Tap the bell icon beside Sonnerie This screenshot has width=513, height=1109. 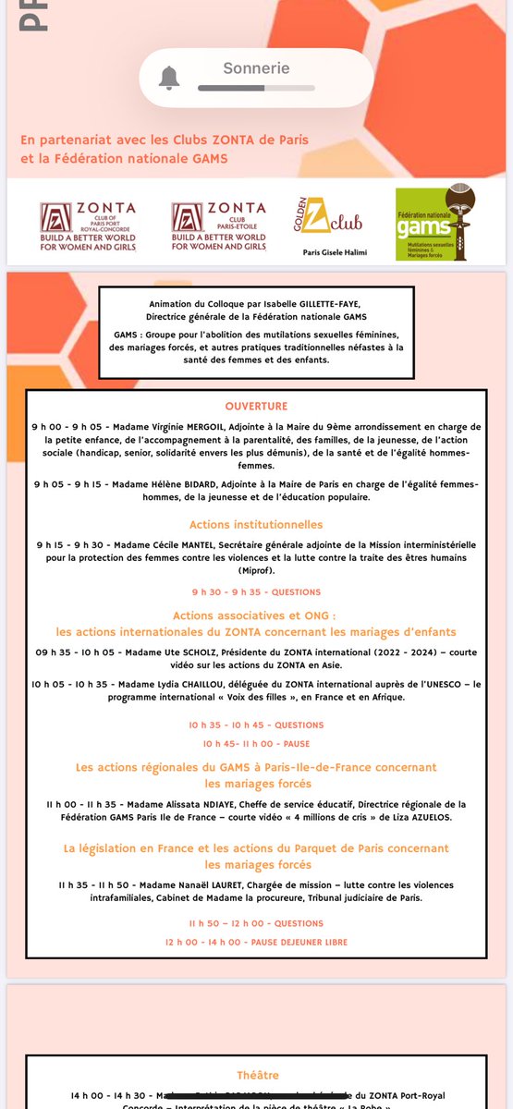point(168,79)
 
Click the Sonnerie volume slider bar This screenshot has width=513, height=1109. point(256,89)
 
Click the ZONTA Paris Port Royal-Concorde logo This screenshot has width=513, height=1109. point(88,227)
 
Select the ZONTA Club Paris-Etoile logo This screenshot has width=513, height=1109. point(219,227)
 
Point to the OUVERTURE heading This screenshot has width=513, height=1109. point(256,406)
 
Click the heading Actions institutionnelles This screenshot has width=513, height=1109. point(256,525)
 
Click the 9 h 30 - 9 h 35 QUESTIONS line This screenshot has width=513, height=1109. point(256,591)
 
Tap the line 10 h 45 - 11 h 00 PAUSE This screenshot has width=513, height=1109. point(256,743)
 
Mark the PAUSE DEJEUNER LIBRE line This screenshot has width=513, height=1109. point(256,942)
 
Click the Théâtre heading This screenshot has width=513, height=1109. point(256,1075)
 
